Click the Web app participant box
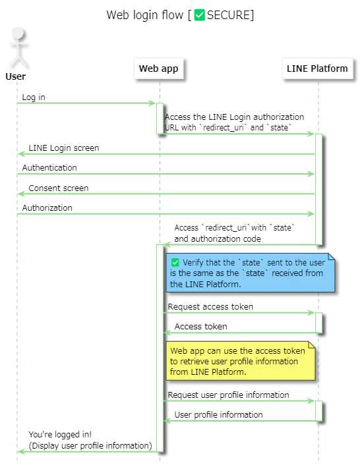pos(159,69)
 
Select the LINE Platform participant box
pos(317,69)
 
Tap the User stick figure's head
pos(18,33)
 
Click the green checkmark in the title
pos(199,15)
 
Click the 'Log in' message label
pos(34,97)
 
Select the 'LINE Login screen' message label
pos(64,148)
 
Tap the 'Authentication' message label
pos(49,167)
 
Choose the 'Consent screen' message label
pos(59,188)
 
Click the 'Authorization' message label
pos(47,208)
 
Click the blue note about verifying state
pos(251,273)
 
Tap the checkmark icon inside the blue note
pos(175,263)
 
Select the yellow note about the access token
pos(241,361)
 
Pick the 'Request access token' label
pos(210,307)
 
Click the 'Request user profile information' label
pos(229,395)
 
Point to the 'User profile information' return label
pos(219,415)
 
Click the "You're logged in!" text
pos(60,435)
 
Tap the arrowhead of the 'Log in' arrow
pos(152,103)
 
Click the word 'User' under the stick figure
pos(16,76)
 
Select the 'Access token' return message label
pos(201,327)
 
